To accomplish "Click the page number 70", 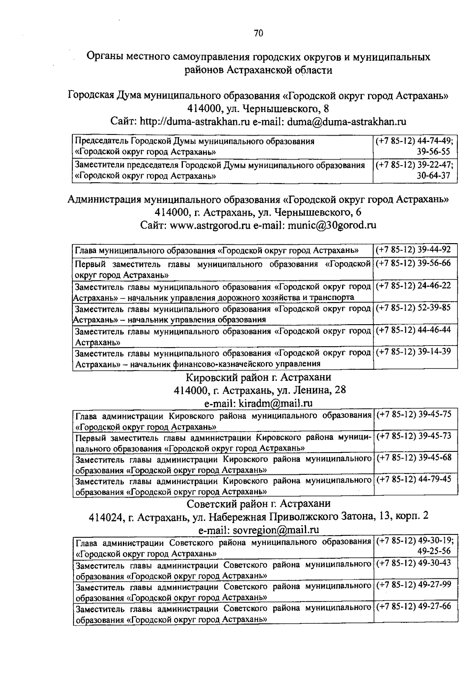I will (x=258, y=33).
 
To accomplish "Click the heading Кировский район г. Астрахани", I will (x=258, y=377).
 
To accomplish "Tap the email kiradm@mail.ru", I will (x=275, y=403).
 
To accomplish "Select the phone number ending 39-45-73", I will (x=414, y=436).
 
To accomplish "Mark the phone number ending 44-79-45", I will (x=414, y=479).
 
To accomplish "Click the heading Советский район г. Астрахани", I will (x=258, y=504).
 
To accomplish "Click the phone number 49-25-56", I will (x=434, y=551).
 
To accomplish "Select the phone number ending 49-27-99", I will (x=414, y=584).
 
